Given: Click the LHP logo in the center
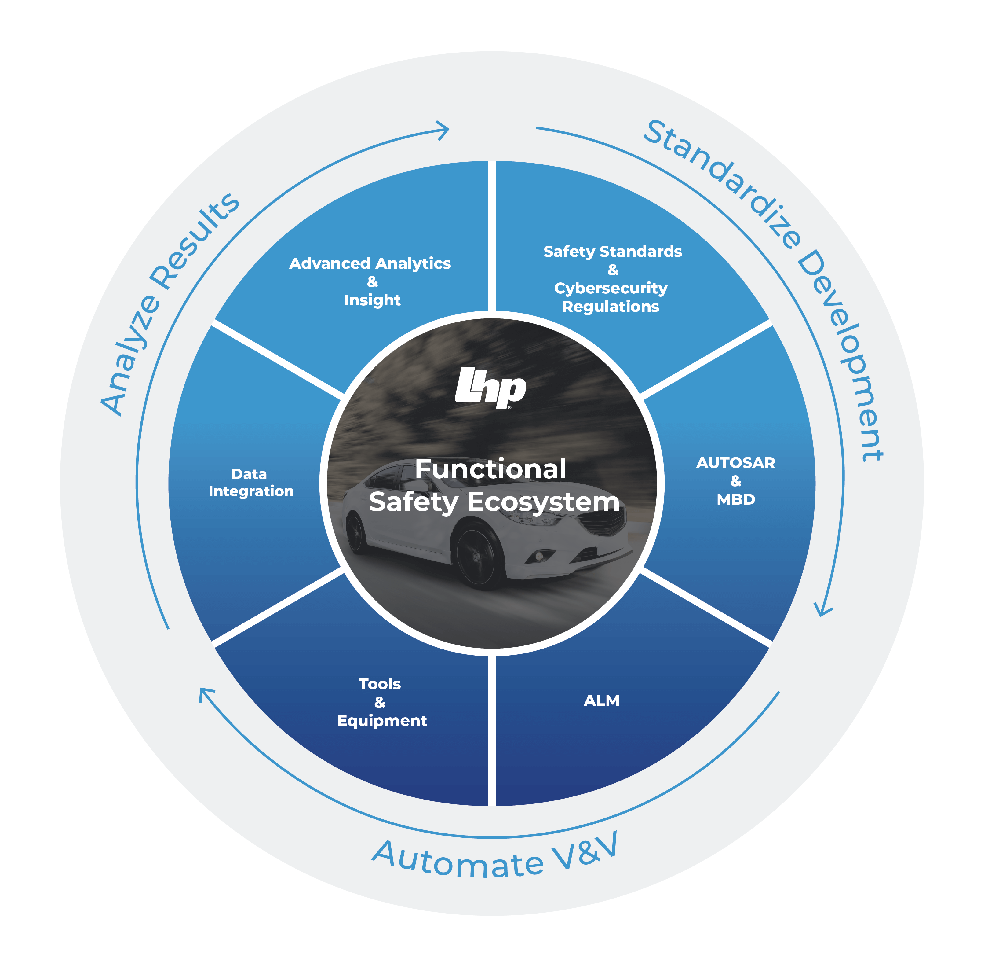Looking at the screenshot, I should pos(490,388).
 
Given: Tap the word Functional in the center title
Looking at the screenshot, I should pos(490,469).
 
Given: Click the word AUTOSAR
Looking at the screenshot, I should pos(735,463).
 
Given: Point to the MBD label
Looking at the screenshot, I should pos(735,499).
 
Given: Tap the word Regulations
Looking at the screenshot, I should pos(610,307).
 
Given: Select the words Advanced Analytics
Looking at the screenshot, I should pos(370,264).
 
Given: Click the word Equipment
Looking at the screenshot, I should pos(382,721).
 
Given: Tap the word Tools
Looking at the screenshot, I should pos(380,684).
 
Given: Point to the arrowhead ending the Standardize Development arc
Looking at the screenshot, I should pos(823,609).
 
